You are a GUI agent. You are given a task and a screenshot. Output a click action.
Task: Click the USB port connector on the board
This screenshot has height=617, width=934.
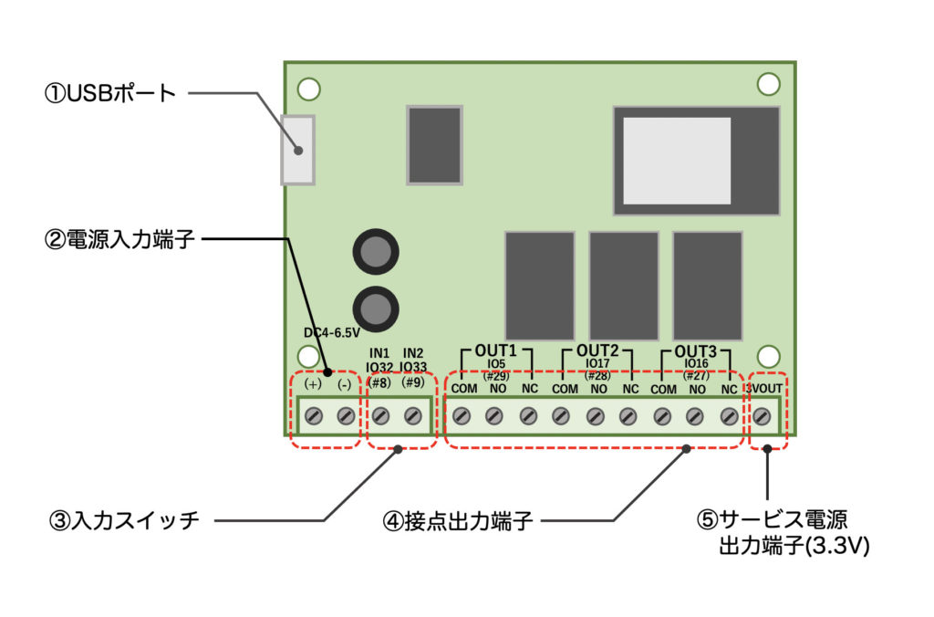coord(298,150)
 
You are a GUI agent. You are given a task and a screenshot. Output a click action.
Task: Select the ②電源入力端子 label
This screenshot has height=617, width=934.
coord(119,240)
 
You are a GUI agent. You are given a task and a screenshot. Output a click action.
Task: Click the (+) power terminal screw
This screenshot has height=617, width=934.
coord(313,416)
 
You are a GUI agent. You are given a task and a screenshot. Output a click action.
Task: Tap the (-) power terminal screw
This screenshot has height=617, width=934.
coord(345,416)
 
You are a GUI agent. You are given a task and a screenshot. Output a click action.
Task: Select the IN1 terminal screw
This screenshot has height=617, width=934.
coord(380,416)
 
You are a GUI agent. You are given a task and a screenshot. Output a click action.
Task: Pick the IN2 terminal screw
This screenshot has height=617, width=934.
coord(412,416)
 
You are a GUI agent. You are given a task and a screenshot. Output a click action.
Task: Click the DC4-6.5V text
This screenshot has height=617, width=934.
coord(332,333)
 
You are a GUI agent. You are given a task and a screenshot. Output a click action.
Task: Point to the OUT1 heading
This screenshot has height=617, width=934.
coord(496,350)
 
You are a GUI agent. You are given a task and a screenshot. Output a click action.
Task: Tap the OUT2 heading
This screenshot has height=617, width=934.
coord(597,350)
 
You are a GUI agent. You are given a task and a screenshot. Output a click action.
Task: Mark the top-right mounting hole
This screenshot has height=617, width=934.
coord(768,83)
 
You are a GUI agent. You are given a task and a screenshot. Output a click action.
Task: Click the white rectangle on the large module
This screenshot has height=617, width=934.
coord(677,160)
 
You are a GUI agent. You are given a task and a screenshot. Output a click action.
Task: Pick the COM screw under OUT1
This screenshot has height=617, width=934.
coord(462,416)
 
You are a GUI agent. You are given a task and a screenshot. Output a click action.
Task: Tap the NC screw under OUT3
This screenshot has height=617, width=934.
coord(728,416)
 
